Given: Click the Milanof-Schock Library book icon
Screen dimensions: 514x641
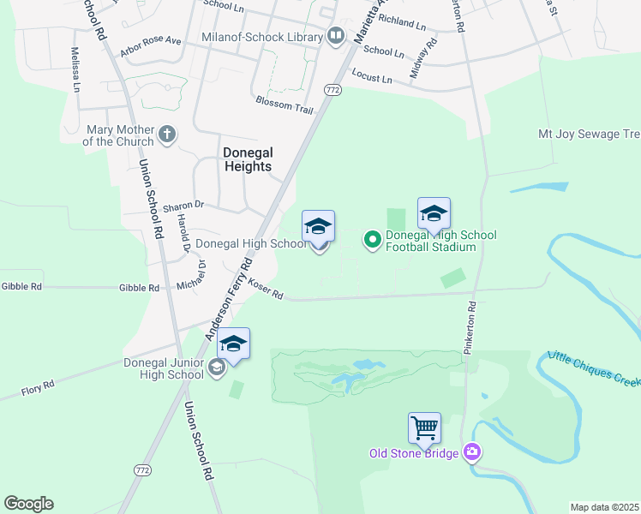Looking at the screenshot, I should (x=335, y=37).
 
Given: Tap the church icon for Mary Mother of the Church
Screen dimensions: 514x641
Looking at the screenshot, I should (x=167, y=134).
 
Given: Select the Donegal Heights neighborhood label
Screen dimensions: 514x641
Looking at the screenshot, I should (x=247, y=159).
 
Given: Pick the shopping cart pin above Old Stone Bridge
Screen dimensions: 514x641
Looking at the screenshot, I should (x=424, y=427).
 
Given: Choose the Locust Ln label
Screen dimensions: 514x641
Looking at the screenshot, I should (x=372, y=79).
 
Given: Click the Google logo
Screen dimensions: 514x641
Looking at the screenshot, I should (x=28, y=504).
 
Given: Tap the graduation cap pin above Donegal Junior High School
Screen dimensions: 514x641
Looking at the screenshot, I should (x=233, y=344).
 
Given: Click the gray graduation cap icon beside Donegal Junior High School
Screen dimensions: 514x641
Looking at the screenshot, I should (x=217, y=367).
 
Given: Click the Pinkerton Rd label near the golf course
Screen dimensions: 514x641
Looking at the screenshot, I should (x=470, y=328).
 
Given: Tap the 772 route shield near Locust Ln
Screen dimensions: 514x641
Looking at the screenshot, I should (x=333, y=89).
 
